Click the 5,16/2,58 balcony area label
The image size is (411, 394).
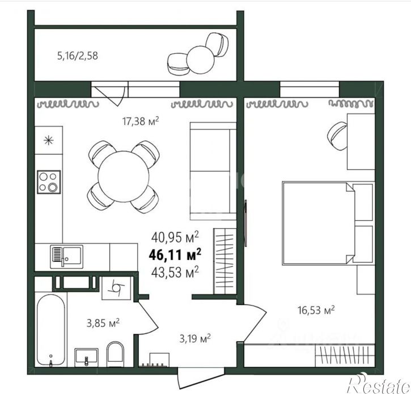(78, 56)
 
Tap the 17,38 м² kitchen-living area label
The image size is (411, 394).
(141, 121)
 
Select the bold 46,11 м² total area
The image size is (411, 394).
(175, 254)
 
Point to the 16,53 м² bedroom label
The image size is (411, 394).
(316, 310)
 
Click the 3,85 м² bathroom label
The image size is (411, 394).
(103, 323)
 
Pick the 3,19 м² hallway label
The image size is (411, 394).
(195, 338)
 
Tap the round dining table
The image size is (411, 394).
(124, 177)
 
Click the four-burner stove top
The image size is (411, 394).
(49, 182)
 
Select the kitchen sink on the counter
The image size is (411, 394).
(66, 257)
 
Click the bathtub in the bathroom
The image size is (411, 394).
(51, 330)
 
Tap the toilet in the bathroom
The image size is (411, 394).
(115, 354)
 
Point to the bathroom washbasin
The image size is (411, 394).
(87, 357)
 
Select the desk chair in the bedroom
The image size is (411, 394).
(337, 136)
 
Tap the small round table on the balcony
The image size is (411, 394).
(200, 60)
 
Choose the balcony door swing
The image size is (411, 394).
(109, 95)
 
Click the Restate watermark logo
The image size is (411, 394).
(379, 384)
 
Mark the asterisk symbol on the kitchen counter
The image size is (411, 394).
(49, 140)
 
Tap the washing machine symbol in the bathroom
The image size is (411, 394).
(116, 288)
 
